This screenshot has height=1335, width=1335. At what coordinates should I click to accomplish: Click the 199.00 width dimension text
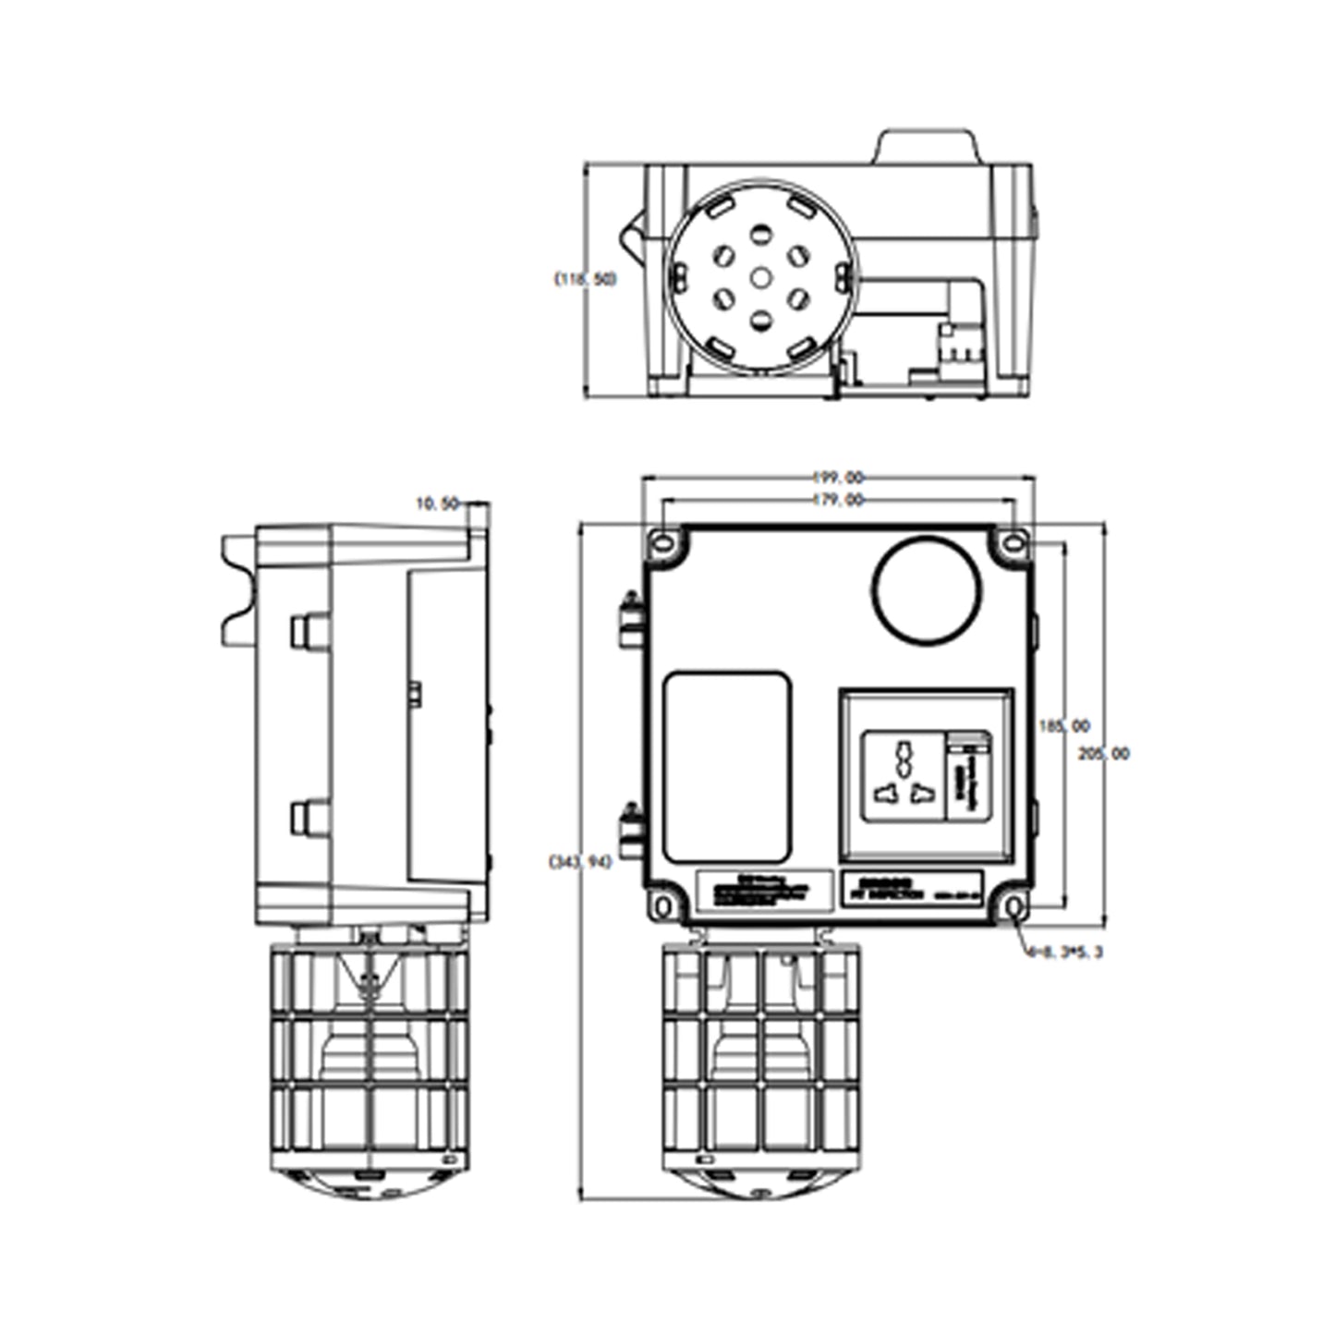(838, 478)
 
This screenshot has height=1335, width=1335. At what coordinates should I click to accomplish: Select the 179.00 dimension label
(838, 500)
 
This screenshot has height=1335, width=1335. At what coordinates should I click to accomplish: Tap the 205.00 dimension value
(1103, 754)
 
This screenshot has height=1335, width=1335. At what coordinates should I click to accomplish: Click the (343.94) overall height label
(580, 862)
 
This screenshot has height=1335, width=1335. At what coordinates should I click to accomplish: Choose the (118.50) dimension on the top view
(585, 278)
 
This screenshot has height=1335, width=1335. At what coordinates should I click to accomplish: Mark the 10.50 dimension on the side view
(438, 504)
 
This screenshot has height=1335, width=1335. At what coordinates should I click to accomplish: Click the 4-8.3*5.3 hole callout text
(1063, 952)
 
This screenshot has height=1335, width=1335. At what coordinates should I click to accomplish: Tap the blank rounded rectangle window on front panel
(728, 768)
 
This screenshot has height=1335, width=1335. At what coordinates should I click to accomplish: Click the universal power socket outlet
(903, 775)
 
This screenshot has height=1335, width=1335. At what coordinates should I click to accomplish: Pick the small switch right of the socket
(967, 774)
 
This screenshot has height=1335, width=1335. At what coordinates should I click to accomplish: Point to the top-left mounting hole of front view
(663, 542)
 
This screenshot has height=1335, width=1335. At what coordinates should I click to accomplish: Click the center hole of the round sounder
(760, 277)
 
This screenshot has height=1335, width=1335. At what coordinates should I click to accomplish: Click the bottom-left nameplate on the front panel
(764, 892)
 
